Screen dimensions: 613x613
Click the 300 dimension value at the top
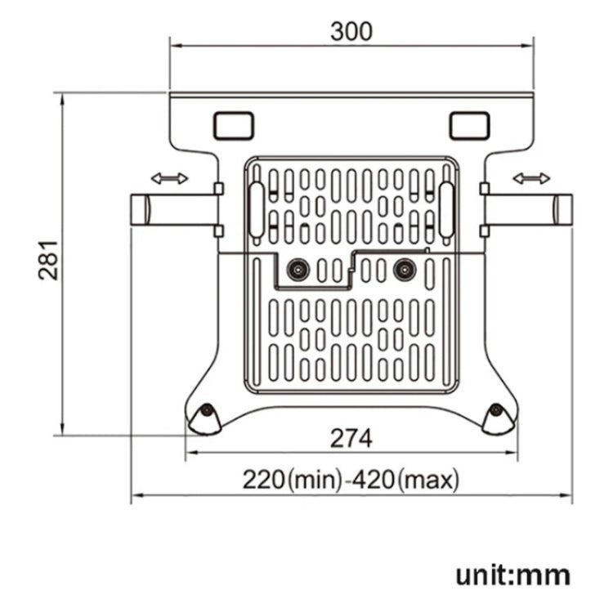351,31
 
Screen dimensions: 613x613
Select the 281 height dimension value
49,260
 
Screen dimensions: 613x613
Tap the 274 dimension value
351,438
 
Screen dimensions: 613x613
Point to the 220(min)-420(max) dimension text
351,479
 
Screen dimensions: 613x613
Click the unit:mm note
512,574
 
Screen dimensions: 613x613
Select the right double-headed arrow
530,178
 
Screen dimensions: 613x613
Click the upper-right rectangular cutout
469,125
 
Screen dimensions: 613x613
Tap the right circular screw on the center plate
403,267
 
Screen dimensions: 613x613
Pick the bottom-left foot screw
208,411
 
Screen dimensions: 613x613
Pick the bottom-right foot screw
496,411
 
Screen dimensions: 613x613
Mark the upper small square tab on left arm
217,189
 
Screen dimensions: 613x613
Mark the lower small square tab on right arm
484,230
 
